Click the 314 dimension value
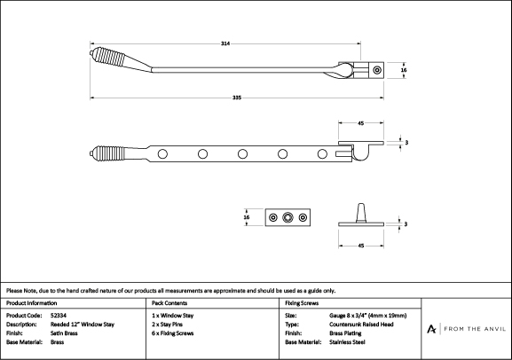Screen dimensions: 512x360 (225, 43)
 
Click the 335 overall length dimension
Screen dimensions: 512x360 (237, 98)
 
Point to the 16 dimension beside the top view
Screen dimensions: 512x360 (404, 70)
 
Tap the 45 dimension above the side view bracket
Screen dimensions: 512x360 (361, 123)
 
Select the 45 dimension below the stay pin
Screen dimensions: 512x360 (361, 246)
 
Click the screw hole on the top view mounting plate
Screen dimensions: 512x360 (377, 70)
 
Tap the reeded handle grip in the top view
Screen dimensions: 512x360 (109, 57)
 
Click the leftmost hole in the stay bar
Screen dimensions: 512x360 (162, 153)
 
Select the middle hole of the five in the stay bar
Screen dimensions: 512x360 (242, 153)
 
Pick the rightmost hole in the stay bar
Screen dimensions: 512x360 (322, 153)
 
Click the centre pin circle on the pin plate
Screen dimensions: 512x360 (288, 217)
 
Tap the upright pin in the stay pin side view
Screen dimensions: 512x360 (361, 213)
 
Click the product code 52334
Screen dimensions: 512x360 (59, 316)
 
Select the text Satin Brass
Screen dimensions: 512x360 (64, 333)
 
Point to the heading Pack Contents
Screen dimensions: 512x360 (169, 303)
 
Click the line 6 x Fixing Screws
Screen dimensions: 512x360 (173, 333)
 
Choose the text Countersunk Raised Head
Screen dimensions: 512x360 (361, 325)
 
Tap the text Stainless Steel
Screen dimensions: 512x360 (347, 342)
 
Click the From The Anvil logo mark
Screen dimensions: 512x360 (431, 329)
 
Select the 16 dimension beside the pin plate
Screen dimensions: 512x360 (247, 217)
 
